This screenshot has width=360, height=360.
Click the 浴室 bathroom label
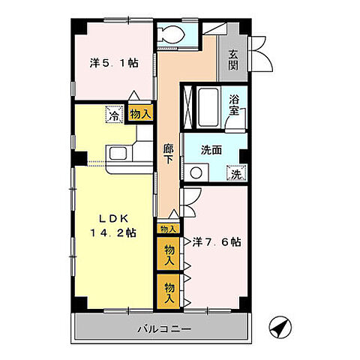click(x=234, y=108)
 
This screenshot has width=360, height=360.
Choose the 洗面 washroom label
click(x=211, y=149)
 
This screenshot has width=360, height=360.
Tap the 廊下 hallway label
click(x=169, y=154)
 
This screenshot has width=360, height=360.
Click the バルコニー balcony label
click(x=164, y=328)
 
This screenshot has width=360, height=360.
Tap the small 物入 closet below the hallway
click(x=168, y=229)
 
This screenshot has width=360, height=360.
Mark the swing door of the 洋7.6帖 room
click(x=189, y=198)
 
